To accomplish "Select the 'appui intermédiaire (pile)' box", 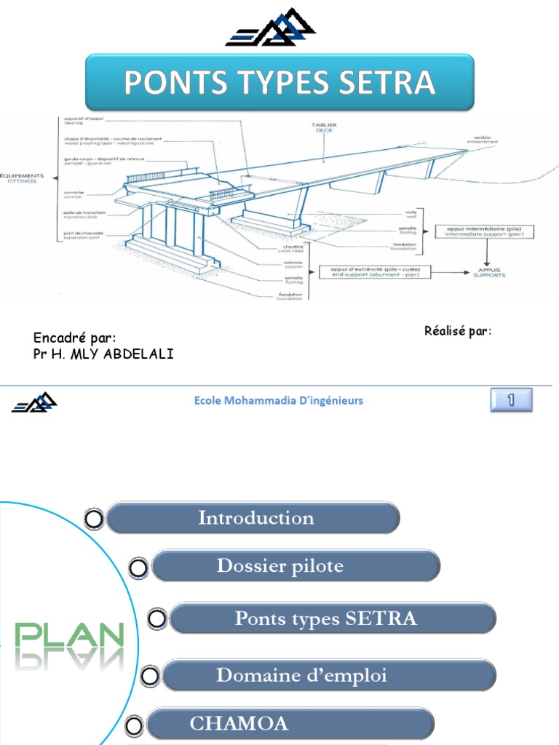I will click(x=485, y=231).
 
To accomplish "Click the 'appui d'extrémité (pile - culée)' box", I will click(x=375, y=271).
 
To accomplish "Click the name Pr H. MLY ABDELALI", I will click(x=104, y=354).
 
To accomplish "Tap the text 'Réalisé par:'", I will click(x=458, y=332).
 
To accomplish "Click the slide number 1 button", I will click(x=511, y=399).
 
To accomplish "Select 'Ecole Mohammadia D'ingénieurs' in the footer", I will click(x=279, y=400).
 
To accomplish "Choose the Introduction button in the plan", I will click(x=255, y=518).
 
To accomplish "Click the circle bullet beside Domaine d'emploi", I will click(x=149, y=676).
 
